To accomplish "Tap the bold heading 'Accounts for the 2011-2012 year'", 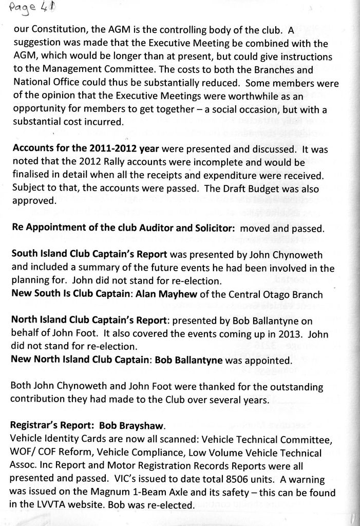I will [x=86, y=149].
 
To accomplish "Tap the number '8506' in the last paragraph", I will [x=240, y=479].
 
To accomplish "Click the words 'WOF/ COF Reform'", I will [x=44, y=453].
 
